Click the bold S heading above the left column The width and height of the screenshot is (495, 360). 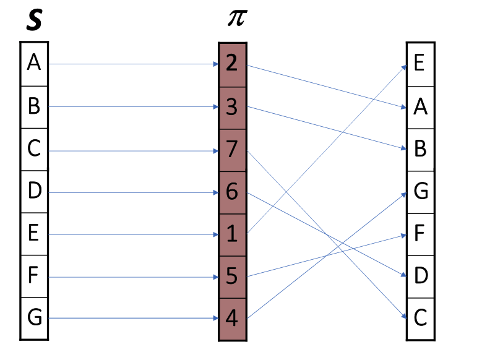click(x=35, y=22)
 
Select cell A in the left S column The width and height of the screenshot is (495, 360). click(x=34, y=64)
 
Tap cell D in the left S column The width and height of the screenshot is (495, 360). click(x=34, y=192)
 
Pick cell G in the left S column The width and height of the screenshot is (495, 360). click(x=34, y=319)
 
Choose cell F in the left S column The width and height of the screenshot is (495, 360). click(x=34, y=277)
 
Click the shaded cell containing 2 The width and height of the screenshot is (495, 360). click(x=233, y=64)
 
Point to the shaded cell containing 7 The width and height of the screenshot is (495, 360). click(x=233, y=150)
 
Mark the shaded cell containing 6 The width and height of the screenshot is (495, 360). click(x=233, y=192)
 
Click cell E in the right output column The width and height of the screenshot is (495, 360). click(x=420, y=64)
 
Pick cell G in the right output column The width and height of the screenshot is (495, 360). click(x=420, y=192)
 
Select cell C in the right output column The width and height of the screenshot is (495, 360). click(x=420, y=319)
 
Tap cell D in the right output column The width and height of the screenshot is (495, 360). click(x=420, y=276)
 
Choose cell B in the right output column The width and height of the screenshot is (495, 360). click(x=420, y=149)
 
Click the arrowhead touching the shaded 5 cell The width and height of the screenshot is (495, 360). click(x=215, y=277)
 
